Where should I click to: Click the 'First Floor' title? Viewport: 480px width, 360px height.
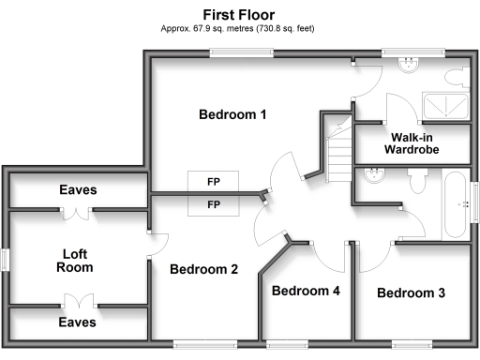[239, 14]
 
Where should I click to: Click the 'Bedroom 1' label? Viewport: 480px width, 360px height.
[233, 114]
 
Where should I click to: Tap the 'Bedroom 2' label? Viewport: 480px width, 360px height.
[203, 269]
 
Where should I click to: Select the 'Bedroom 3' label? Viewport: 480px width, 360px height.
[411, 292]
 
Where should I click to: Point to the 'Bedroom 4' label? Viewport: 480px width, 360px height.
[305, 291]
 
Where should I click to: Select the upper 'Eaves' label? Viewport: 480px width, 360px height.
[78, 189]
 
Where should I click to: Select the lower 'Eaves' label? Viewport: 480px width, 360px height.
[78, 322]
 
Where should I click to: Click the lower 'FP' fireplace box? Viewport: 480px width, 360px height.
[214, 203]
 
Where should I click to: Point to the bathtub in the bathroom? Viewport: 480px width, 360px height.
[456, 203]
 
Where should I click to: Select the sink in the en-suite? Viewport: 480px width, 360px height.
[408, 65]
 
